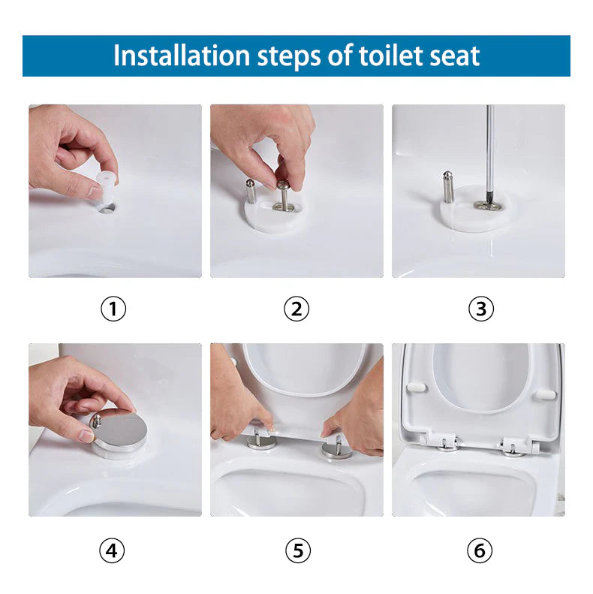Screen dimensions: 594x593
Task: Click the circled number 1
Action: tap(113, 309)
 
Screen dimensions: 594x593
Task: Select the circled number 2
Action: tap(296, 309)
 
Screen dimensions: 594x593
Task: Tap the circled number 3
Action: tap(481, 309)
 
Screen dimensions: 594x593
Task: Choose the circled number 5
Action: tap(297, 551)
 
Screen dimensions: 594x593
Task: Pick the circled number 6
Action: tap(480, 551)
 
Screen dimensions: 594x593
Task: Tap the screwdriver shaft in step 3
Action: tap(489, 150)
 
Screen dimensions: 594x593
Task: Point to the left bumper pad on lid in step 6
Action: tap(417, 387)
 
